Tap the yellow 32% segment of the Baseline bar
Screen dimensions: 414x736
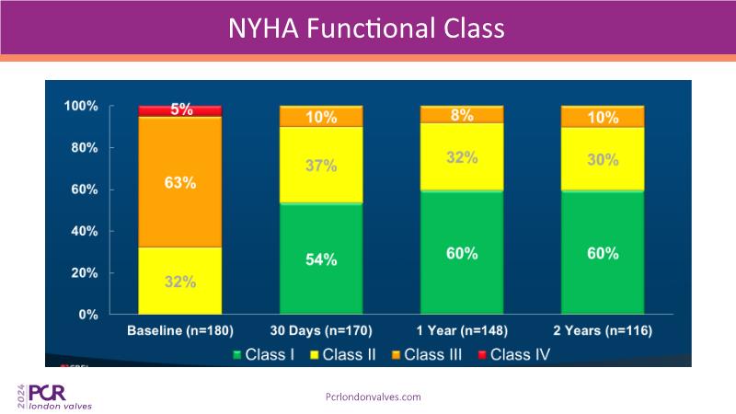(180, 281)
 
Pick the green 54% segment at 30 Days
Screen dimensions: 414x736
(322, 259)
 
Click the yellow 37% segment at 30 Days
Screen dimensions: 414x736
(322, 165)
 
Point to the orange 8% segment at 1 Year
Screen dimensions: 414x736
(462, 115)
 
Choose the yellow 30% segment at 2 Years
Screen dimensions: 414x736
(604, 159)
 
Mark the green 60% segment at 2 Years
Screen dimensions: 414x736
(604, 253)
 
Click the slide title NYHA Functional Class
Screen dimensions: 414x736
(367, 29)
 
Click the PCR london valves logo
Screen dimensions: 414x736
(54, 396)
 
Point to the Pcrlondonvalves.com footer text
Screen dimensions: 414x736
(374, 397)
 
